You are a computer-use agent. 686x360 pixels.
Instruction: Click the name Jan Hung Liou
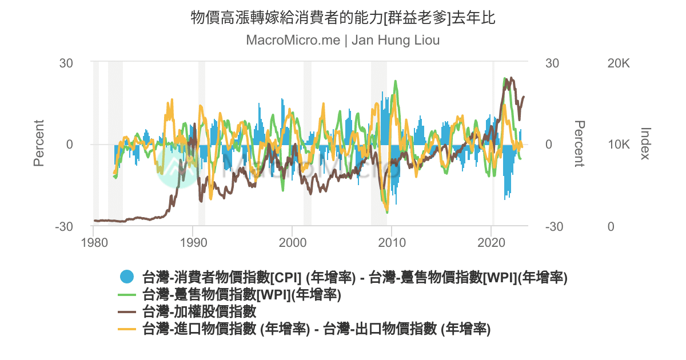coord(395,41)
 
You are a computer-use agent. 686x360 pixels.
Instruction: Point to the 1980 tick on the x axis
coord(93,242)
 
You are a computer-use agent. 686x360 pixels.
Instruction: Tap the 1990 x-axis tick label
coord(193,242)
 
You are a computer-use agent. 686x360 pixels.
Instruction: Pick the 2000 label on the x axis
coord(292,242)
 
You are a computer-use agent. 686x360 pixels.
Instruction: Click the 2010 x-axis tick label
coord(392,242)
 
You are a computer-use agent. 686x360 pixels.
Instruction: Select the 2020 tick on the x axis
coord(491,242)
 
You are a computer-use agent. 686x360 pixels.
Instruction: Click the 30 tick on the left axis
coord(66,63)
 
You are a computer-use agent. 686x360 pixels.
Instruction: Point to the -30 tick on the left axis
coord(64,227)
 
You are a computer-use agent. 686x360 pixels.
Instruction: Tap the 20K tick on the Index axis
coord(618,63)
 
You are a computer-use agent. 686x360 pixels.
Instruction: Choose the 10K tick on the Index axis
coord(618,145)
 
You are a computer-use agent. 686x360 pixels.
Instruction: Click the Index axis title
coord(645,144)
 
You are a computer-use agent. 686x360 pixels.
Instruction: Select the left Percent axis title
coord(39,143)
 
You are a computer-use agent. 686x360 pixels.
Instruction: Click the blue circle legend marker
coord(127,278)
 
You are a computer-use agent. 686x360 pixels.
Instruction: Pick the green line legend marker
coord(127,295)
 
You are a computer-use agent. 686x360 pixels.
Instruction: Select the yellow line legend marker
coord(127,329)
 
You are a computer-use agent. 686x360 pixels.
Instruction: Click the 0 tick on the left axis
coord(69,145)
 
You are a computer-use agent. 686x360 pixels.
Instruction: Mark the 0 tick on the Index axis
coord(611,227)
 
